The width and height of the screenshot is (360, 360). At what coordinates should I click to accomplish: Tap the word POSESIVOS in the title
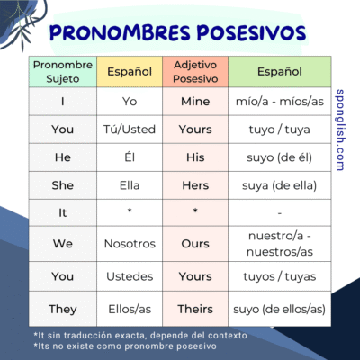click(x=243, y=33)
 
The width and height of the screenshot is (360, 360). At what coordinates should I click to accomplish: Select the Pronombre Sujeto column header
click(x=62, y=71)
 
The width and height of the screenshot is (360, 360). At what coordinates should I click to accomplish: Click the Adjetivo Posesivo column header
click(x=195, y=71)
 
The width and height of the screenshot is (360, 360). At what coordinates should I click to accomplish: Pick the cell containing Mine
click(x=195, y=102)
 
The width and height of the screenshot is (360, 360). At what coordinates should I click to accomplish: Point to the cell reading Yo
click(x=130, y=102)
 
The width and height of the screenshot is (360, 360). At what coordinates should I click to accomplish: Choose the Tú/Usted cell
click(x=130, y=130)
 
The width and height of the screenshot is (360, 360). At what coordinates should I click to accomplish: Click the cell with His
click(x=195, y=157)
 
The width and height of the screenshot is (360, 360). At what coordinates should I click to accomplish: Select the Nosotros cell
click(x=130, y=243)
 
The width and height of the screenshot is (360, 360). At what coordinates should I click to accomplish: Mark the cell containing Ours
click(x=195, y=243)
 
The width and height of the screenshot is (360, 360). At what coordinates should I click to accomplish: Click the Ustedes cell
click(x=130, y=276)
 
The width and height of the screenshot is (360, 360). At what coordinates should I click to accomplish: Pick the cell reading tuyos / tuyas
click(x=279, y=276)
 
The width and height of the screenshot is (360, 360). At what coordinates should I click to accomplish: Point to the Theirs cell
click(x=195, y=309)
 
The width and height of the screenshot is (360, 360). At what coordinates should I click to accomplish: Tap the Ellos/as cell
click(x=130, y=309)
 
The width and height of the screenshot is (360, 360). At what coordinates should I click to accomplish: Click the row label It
click(x=62, y=213)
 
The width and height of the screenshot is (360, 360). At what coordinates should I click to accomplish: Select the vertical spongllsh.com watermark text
click(x=339, y=130)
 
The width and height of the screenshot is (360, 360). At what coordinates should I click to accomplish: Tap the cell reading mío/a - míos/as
click(x=279, y=102)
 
